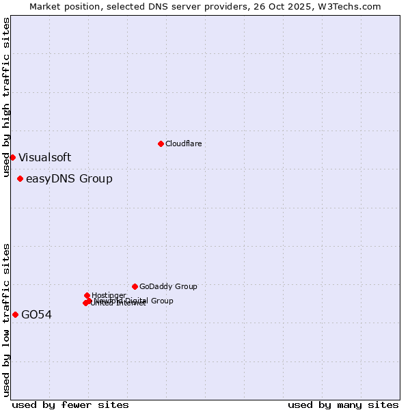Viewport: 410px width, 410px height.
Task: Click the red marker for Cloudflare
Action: (x=161, y=143)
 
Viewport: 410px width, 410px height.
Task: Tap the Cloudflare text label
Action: (x=183, y=143)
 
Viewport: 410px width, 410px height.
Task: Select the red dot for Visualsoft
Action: (x=12, y=157)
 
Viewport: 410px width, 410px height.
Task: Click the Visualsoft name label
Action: (x=44, y=157)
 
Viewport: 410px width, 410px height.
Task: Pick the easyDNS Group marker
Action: (x=20, y=179)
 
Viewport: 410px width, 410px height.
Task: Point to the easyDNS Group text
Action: (x=69, y=179)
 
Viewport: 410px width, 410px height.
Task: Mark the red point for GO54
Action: (x=15, y=314)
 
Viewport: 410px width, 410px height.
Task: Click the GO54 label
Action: (x=36, y=315)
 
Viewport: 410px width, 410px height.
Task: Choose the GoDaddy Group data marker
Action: (x=135, y=286)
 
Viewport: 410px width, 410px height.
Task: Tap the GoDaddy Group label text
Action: (x=168, y=286)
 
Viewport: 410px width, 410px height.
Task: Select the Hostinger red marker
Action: (x=87, y=295)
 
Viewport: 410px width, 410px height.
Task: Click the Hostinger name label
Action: (x=109, y=295)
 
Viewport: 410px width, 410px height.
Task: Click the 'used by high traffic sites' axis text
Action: (x=7, y=98)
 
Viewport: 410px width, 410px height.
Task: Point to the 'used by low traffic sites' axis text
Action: (x=7, y=319)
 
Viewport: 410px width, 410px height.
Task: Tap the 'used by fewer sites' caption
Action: (x=70, y=405)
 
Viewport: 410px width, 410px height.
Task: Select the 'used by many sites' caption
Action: (x=343, y=405)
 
